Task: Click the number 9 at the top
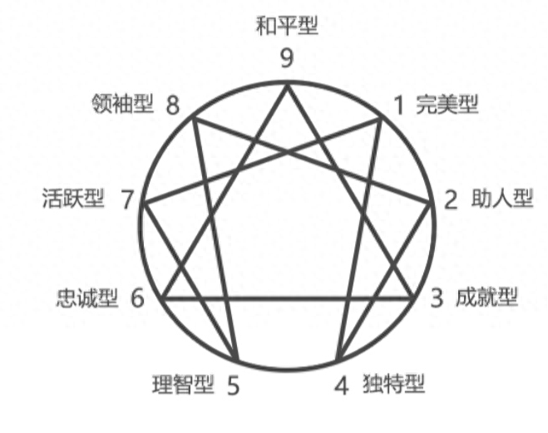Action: click(287, 59)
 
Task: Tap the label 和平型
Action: click(287, 25)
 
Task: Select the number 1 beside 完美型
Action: click(399, 105)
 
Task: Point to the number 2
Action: click(452, 200)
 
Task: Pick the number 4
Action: click(342, 386)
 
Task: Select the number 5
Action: click(233, 386)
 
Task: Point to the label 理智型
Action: click(184, 384)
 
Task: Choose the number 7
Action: click(126, 200)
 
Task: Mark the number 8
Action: click(172, 105)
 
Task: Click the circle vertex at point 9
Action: click(288, 81)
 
